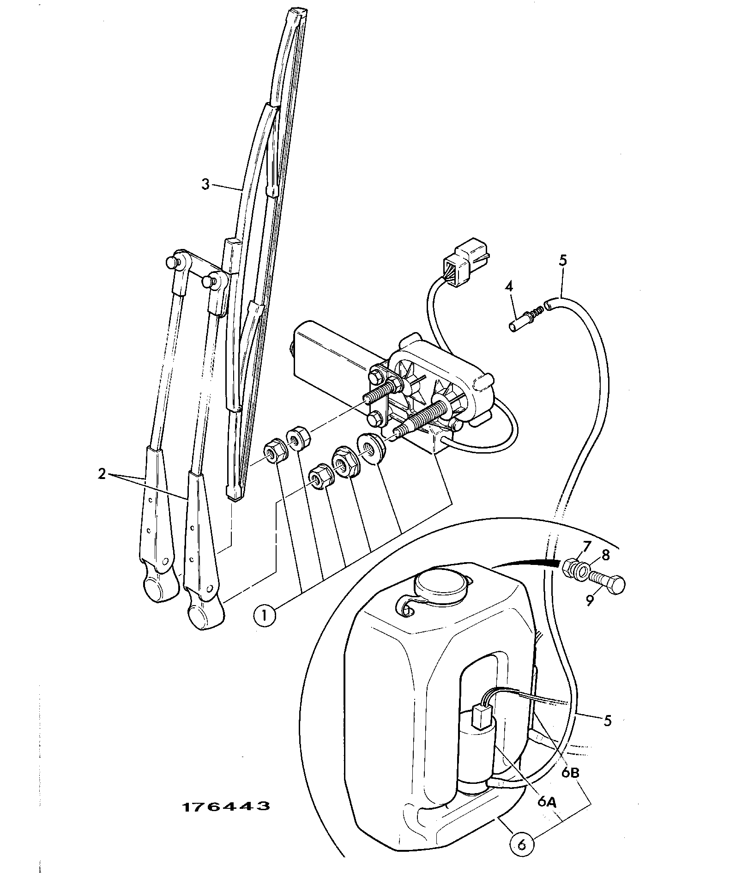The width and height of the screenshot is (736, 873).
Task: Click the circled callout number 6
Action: (x=522, y=845)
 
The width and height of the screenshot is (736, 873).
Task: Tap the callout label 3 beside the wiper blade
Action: (x=205, y=184)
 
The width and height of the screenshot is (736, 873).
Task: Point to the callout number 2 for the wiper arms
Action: (x=102, y=474)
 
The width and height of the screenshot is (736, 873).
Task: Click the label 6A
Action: (x=548, y=802)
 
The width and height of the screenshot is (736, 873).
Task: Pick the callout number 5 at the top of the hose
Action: (x=563, y=260)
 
